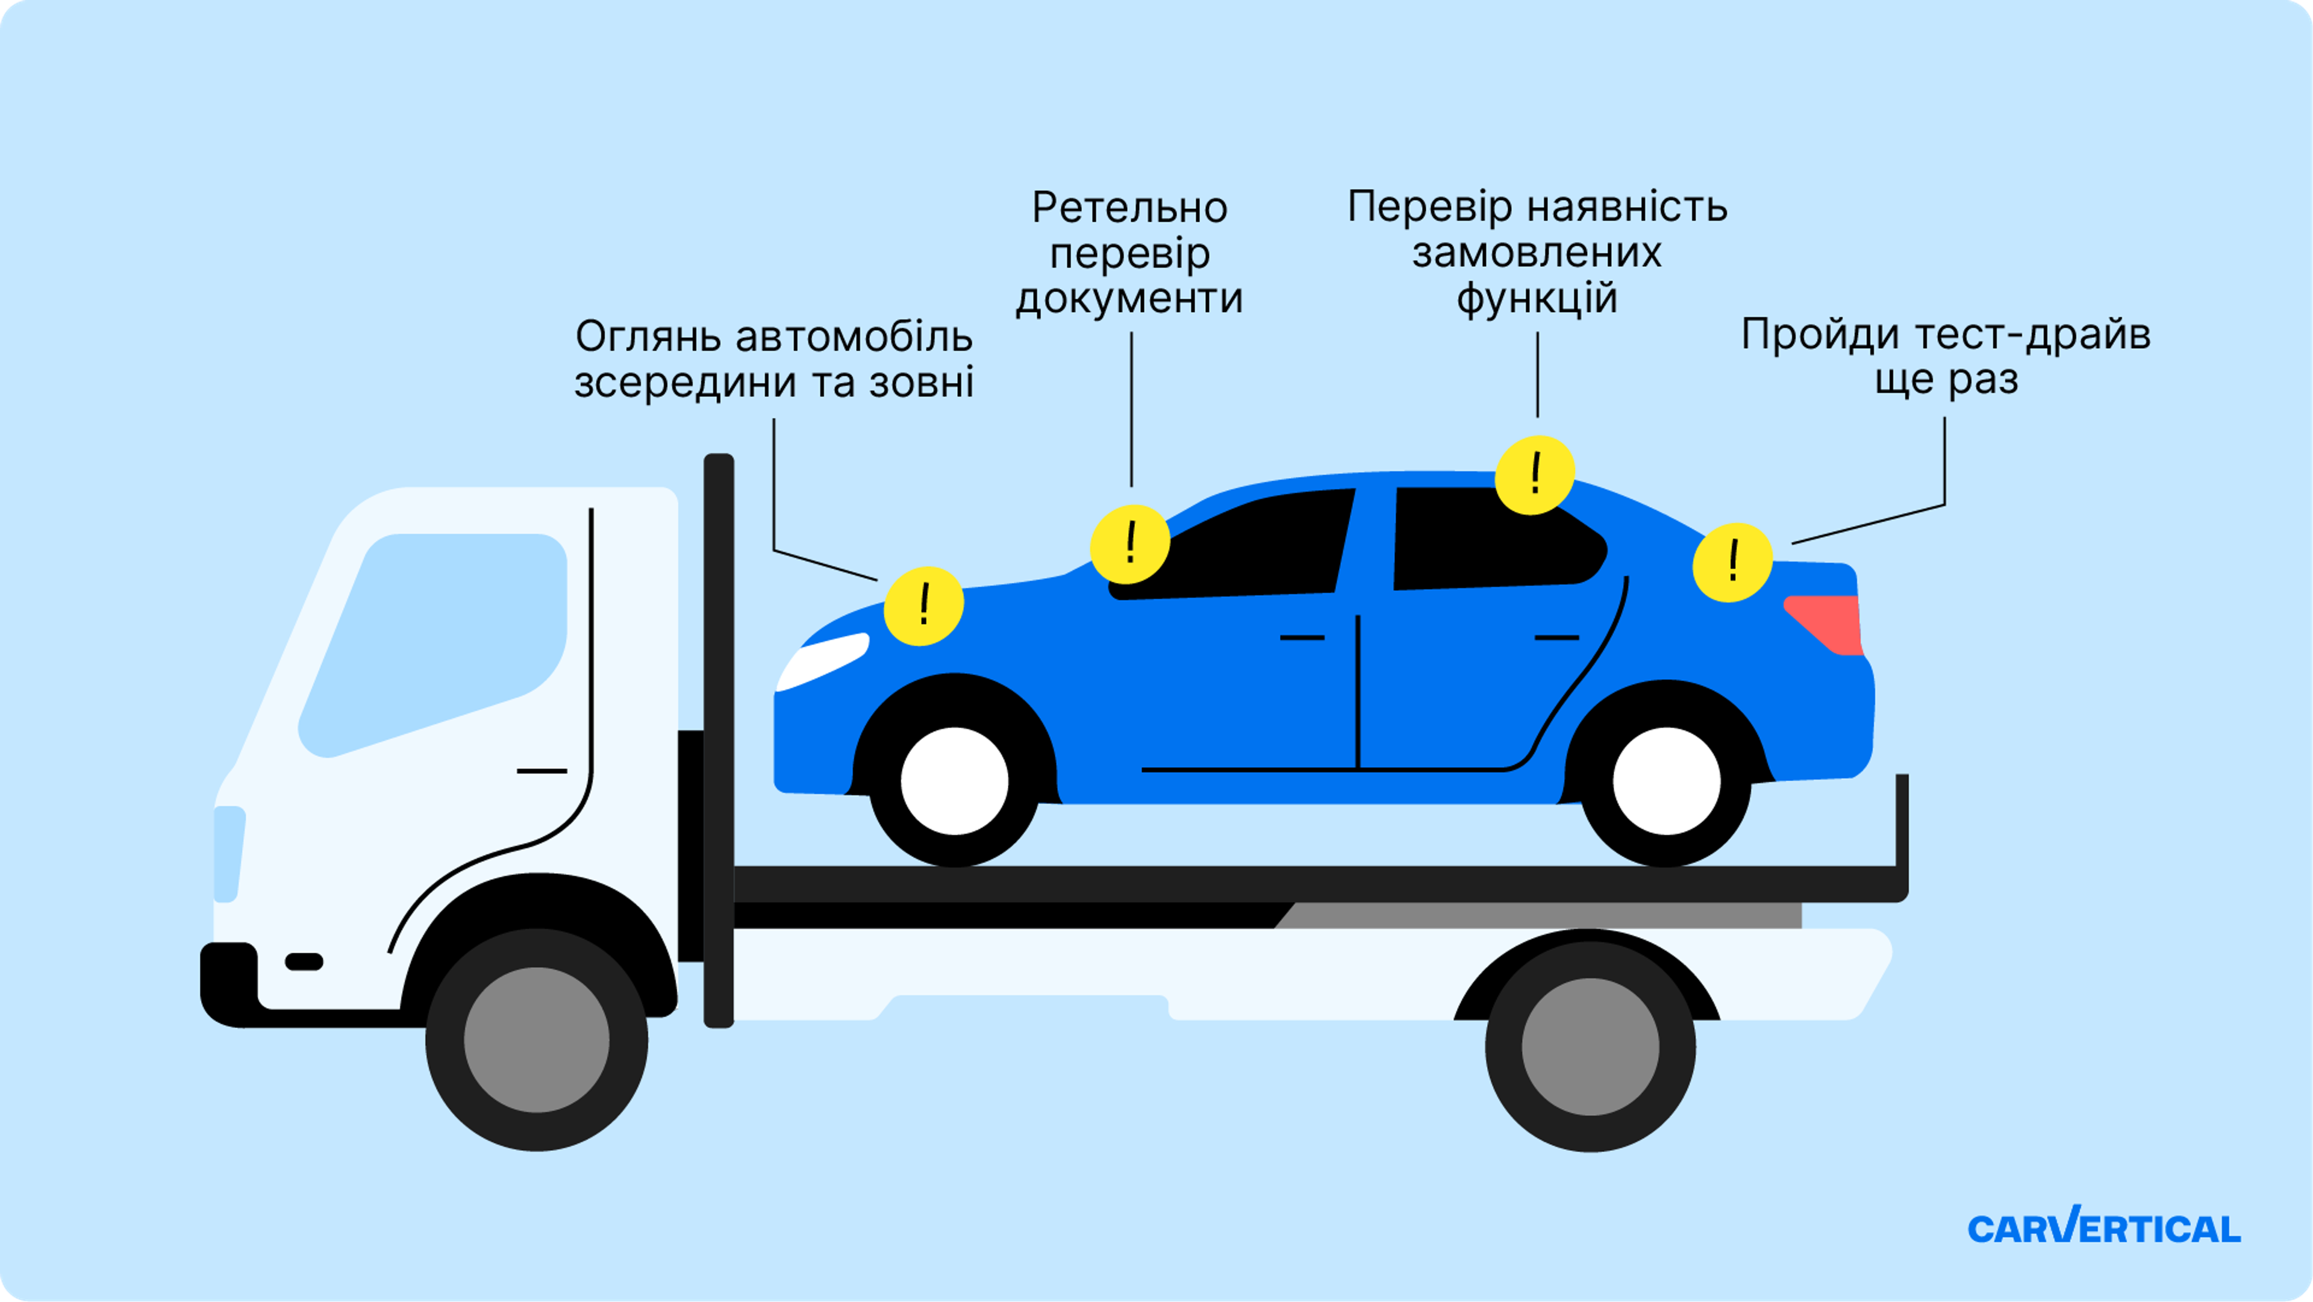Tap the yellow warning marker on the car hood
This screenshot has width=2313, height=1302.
coord(923,606)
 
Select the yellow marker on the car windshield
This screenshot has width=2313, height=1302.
coord(1129,544)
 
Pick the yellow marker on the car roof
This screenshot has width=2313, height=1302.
coord(1535,475)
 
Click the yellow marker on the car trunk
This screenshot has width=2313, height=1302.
coord(1732,562)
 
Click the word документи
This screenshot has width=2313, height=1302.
coord(1129,299)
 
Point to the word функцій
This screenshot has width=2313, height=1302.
coord(1537,299)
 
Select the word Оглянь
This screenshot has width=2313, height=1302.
coord(648,337)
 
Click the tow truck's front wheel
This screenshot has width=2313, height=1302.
coord(537,1040)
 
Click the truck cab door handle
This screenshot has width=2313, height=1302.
coord(542,771)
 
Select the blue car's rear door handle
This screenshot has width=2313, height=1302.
coord(1556,637)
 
